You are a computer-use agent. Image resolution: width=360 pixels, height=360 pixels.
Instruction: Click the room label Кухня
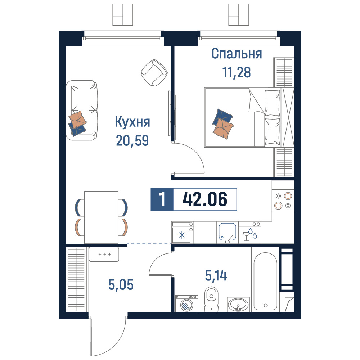click(132, 122)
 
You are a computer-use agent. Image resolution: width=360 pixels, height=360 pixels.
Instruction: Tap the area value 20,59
click(132, 140)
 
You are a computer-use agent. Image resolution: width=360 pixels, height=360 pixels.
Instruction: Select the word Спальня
click(237, 54)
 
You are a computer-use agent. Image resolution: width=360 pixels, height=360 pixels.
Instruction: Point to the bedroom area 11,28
click(236, 72)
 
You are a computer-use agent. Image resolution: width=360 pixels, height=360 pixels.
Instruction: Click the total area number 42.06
click(205, 199)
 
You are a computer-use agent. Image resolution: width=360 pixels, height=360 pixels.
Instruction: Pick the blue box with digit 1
click(162, 199)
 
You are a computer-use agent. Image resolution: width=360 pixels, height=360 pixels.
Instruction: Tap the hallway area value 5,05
click(121, 285)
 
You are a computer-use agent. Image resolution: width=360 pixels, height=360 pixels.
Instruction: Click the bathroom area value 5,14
click(216, 275)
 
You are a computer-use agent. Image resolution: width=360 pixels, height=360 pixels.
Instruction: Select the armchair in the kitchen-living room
click(154, 73)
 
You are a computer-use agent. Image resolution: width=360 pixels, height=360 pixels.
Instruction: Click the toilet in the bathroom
click(211, 299)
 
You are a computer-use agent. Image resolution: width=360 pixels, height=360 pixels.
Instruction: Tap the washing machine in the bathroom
click(186, 303)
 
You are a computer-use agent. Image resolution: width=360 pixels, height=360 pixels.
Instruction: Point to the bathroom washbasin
click(238, 304)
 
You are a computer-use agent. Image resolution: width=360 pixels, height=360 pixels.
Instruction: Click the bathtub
click(265, 279)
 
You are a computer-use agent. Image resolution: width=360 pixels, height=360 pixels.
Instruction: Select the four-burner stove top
click(283, 201)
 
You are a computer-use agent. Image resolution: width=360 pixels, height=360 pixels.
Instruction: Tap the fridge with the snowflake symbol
click(183, 232)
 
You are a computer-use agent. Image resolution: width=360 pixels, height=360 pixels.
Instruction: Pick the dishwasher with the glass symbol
click(250, 232)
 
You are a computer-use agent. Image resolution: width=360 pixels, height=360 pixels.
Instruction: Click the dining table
click(101, 217)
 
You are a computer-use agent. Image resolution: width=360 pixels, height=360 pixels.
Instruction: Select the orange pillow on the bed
click(223, 129)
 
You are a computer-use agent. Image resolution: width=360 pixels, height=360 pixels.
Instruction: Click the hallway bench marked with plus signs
click(104, 254)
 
